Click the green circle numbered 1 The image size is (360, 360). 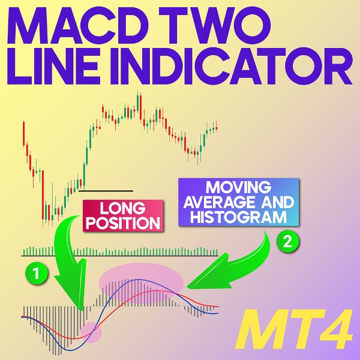point(37,274)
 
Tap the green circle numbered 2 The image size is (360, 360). point(287,242)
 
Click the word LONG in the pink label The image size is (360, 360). point(123,209)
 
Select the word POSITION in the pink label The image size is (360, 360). point(123,224)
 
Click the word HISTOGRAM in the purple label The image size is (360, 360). point(238,217)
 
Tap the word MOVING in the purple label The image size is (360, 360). point(238,186)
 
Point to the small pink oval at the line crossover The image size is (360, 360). point(92,329)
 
